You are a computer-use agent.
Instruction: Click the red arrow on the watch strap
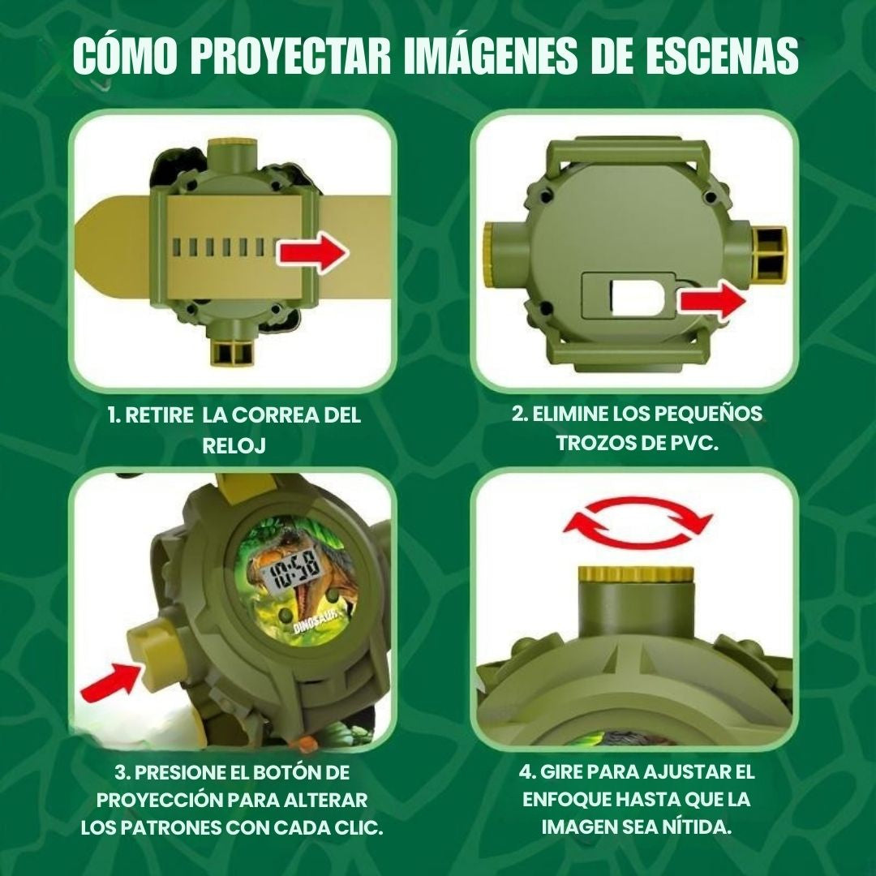point(312,254)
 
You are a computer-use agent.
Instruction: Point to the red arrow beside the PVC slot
point(711,303)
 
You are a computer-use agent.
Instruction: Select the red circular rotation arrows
point(637,523)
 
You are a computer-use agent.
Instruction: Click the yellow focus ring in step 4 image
point(635,575)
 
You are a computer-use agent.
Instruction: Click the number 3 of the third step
point(118,771)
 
